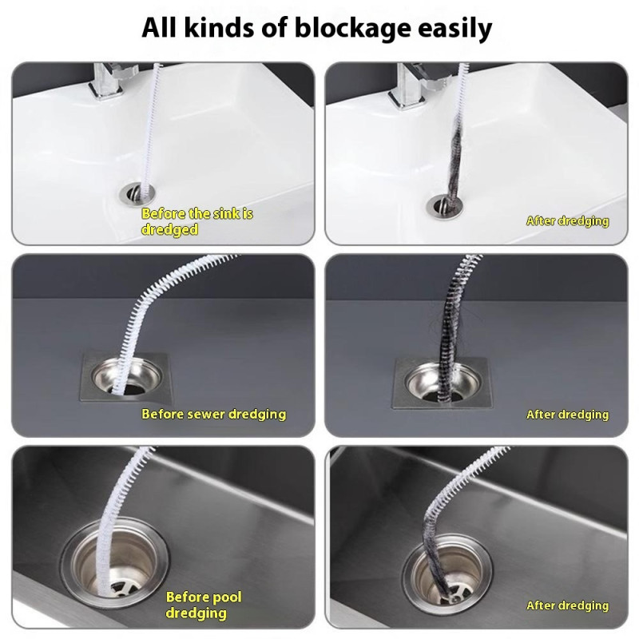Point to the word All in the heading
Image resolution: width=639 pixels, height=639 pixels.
pyautogui.click(x=161, y=29)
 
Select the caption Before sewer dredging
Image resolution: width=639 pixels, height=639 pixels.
pyautogui.click(x=213, y=414)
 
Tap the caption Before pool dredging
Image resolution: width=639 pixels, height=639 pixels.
pyautogui.click(x=203, y=605)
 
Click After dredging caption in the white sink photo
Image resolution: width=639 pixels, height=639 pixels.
pyautogui.click(x=567, y=221)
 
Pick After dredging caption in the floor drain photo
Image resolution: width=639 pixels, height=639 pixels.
pyautogui.click(x=567, y=415)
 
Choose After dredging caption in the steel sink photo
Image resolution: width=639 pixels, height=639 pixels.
pyautogui.click(x=567, y=606)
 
